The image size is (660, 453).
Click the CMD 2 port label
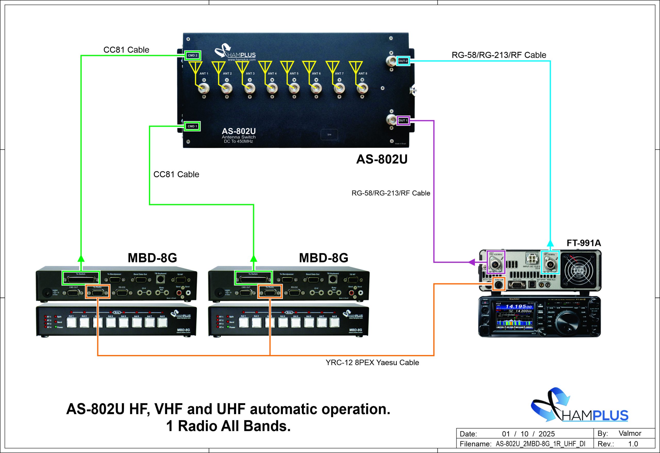[193, 55]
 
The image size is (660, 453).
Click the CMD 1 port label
[192, 126]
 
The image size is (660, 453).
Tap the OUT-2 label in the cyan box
[403, 61]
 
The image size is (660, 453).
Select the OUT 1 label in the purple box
[403, 120]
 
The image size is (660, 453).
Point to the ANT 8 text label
[363, 74]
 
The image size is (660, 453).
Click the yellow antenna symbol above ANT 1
[195, 68]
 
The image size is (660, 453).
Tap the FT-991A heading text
[584, 243]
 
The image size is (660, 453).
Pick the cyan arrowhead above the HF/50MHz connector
[550, 243]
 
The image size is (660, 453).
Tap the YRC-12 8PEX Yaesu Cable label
[372, 363]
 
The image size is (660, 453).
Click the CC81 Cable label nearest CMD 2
[126, 50]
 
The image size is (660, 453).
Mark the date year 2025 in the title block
[546, 434]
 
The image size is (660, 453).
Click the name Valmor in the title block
[630, 433]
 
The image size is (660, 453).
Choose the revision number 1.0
[633, 444]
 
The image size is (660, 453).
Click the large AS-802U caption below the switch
[382, 159]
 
